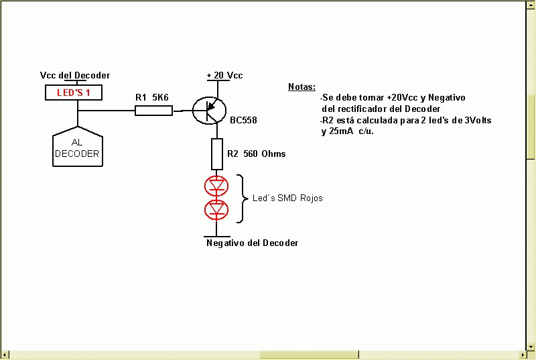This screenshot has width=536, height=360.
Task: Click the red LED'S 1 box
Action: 74,93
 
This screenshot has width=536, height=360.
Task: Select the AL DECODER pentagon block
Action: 78,147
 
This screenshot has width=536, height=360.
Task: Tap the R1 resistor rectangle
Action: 153,111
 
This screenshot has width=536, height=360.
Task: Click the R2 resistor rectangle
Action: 216,154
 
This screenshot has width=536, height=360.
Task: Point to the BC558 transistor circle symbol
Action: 209,111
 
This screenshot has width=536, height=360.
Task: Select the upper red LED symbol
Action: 216,186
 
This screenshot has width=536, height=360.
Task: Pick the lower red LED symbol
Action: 216,210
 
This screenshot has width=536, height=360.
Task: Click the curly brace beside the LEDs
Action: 243,198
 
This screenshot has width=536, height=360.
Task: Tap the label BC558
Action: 243,120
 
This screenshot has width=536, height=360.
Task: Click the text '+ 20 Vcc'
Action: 224,75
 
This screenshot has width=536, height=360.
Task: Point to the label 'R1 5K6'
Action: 152,97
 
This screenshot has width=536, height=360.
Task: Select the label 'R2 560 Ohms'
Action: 257,154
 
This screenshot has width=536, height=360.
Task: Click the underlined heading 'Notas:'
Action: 302,87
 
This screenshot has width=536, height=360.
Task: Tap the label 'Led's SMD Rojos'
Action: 287,198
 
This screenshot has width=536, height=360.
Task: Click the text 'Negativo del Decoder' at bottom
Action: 253,243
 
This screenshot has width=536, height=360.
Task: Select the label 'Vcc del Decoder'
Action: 75,75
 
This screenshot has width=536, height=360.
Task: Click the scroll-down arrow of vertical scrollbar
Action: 531,346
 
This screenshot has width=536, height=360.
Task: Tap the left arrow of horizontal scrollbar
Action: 5,355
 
